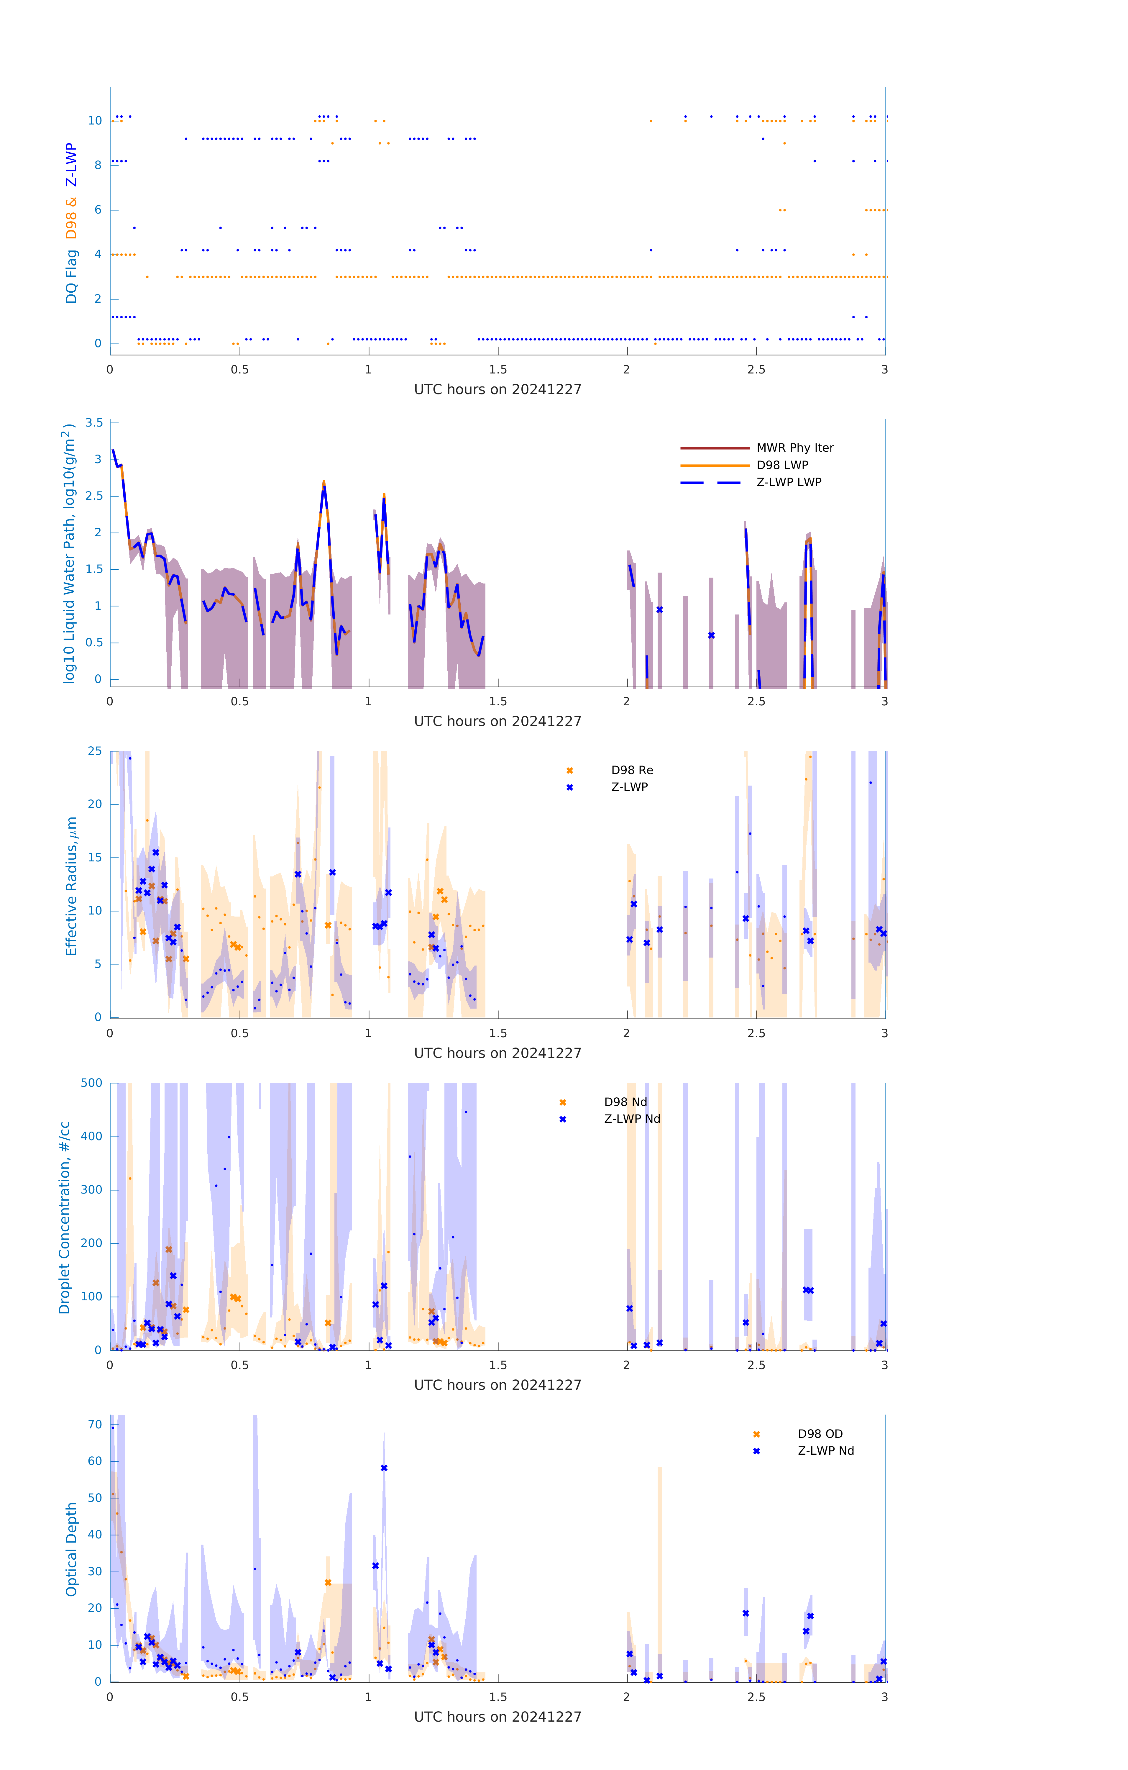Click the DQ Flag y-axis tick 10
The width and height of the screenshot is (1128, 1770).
pos(95,121)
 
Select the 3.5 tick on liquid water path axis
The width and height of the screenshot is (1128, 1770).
pos(94,423)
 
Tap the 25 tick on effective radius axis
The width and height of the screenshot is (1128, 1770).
pos(95,751)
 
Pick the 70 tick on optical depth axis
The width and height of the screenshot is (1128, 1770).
pos(95,1425)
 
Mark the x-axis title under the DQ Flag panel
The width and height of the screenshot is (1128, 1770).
pos(497,390)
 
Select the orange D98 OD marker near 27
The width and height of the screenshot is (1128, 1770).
pos(328,1583)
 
